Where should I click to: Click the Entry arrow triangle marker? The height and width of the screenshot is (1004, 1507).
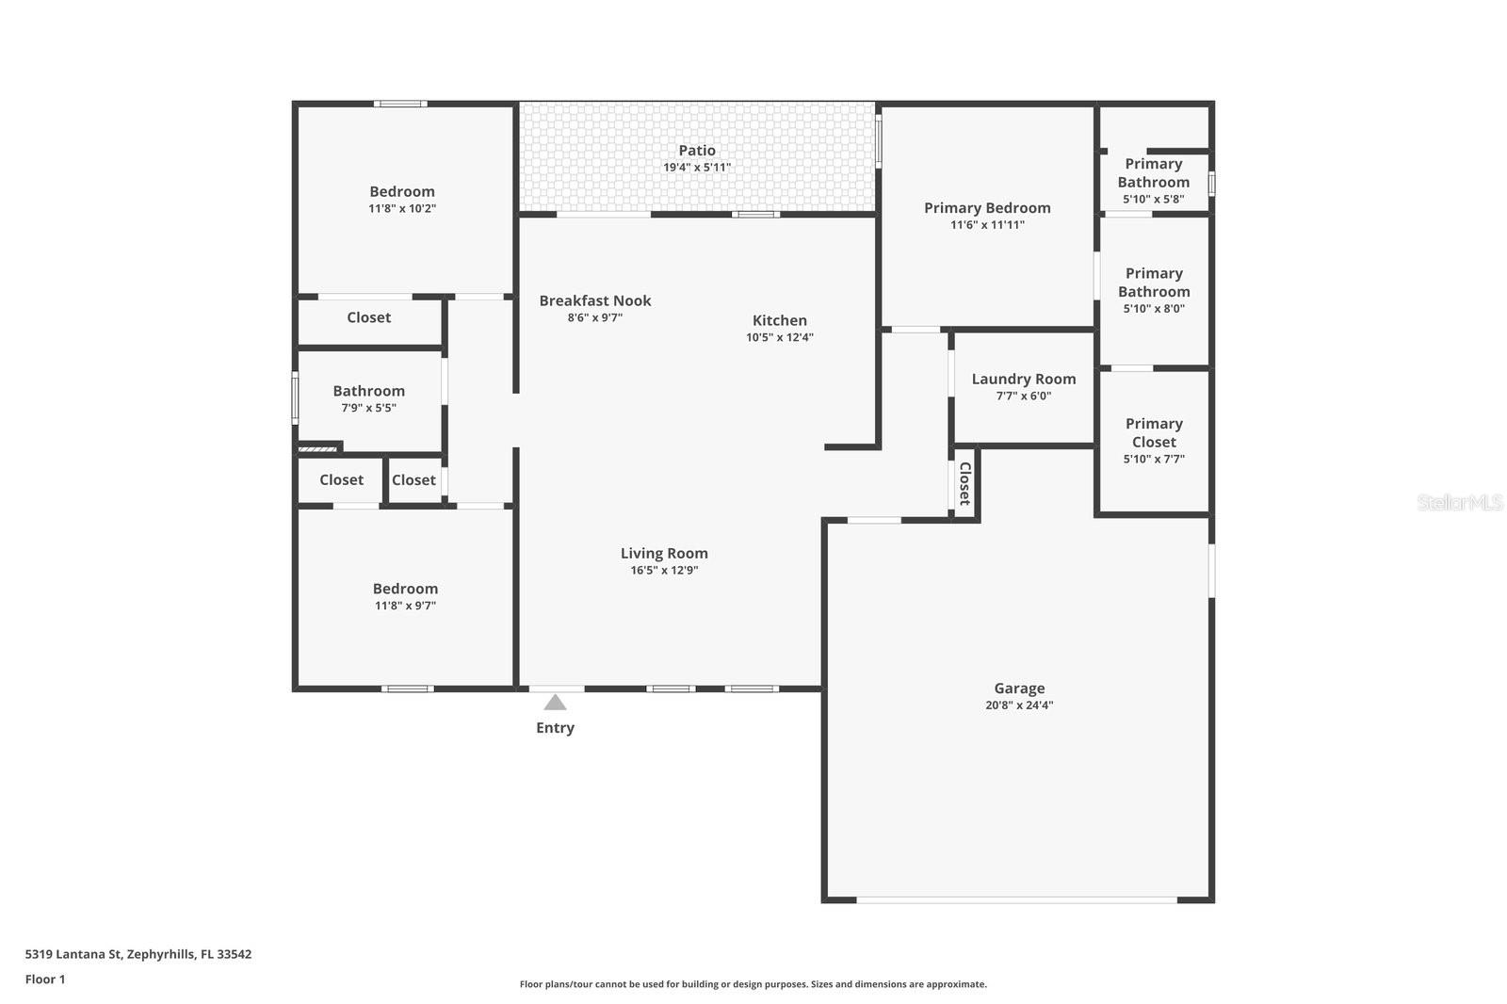(555, 703)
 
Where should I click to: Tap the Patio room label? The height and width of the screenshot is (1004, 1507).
(697, 150)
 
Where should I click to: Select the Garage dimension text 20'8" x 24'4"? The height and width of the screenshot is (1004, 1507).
(1019, 705)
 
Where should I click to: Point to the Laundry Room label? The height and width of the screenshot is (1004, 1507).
(1023, 379)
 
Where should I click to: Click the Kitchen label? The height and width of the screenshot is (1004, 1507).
(779, 320)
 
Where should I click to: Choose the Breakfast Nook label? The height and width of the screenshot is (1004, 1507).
(594, 300)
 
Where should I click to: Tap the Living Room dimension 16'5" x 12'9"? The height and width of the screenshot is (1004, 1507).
(664, 571)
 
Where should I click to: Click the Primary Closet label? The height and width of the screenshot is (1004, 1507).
(1154, 432)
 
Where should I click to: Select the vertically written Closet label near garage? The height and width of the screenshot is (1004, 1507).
(964, 483)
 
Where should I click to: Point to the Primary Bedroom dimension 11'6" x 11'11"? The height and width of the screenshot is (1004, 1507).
(987, 225)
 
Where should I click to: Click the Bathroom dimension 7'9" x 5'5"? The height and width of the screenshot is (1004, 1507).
(368, 408)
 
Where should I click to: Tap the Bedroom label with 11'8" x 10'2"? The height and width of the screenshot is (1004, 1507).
(402, 191)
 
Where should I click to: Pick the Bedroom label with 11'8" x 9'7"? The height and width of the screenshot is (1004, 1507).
(405, 588)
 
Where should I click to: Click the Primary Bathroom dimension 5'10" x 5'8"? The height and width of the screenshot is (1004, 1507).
(1153, 199)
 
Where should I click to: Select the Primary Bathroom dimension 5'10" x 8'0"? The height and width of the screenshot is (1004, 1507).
(1154, 309)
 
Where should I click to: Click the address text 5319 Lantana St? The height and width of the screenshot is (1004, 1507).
(73, 954)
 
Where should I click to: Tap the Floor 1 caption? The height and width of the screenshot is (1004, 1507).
(45, 980)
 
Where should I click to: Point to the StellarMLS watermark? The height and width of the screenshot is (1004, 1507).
(1460, 502)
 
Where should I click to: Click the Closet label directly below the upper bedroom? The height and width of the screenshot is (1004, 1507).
(368, 317)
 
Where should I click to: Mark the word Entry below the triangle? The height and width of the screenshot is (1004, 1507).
(555, 727)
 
